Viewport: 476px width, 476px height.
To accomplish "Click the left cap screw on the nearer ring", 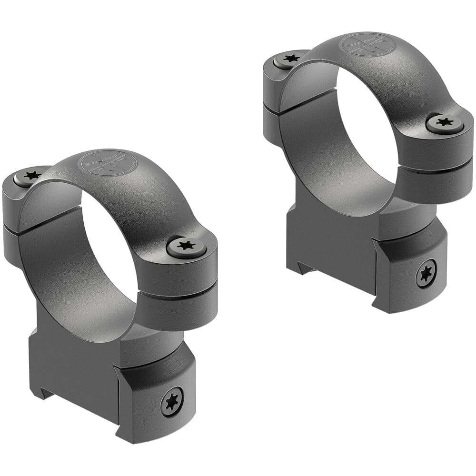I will [32, 176].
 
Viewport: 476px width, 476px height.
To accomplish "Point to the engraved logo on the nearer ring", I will [108, 163].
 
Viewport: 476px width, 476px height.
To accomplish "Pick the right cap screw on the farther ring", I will [445, 123].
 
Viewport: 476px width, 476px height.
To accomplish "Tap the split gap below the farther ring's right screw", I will [436, 163].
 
